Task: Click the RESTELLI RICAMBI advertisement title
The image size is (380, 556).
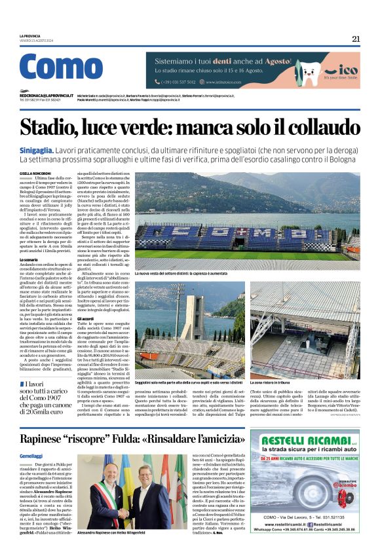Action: click(x=303, y=440)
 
